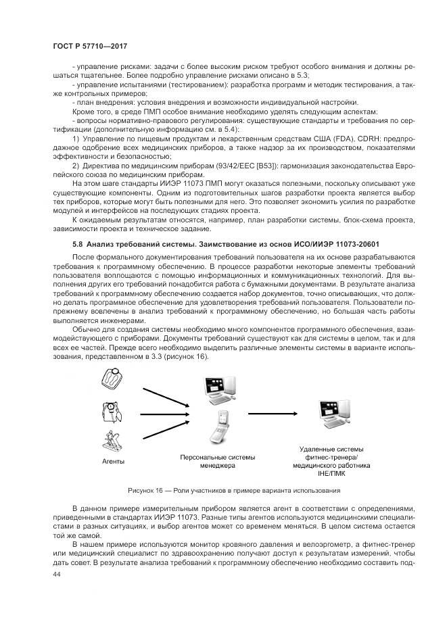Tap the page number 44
[x=57, y=573]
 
